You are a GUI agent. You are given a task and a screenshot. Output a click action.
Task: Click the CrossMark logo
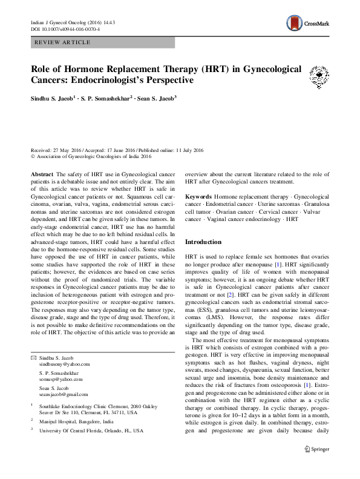pyautogui.click(x=307, y=24)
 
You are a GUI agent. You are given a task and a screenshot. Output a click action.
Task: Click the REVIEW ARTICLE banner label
pyautogui.click(x=64, y=42)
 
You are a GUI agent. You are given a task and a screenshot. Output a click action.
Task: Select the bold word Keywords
pyautogui.click(x=198, y=197)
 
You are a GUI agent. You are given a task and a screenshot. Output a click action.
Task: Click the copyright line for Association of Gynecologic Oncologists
pyautogui.click(x=91, y=156)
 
